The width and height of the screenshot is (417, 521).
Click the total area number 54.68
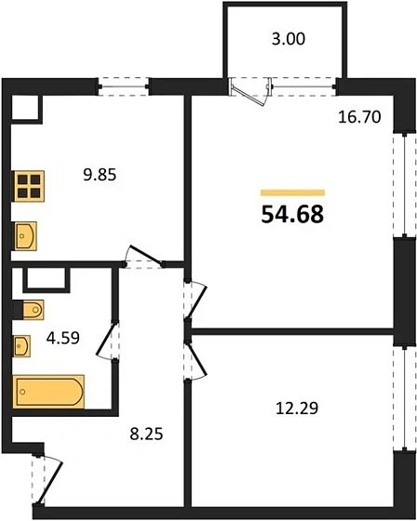pyautogui.click(x=292, y=215)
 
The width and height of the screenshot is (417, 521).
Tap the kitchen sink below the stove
pyautogui.click(x=25, y=235)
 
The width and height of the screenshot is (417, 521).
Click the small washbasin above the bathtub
pyautogui.click(x=21, y=347)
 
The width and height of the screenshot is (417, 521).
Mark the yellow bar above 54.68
pyautogui.click(x=292, y=192)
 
